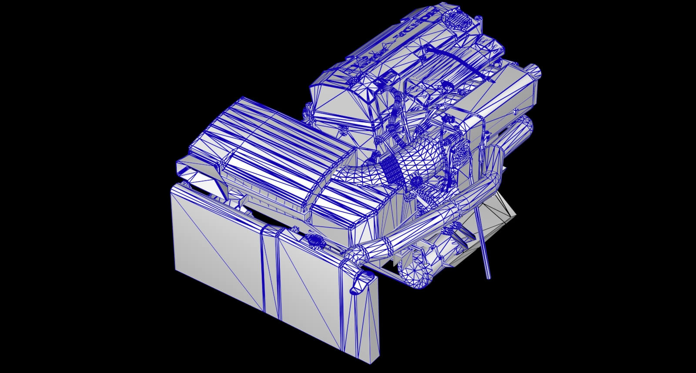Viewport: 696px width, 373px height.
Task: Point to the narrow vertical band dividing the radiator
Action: tap(270, 270)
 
